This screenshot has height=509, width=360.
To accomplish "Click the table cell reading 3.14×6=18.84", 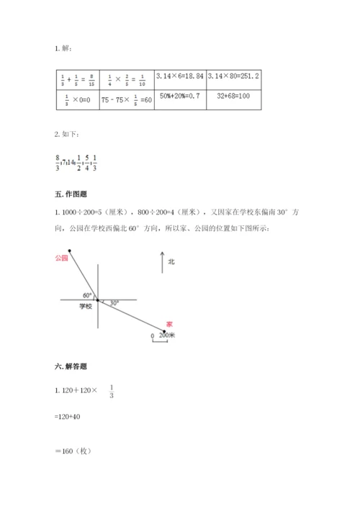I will point(181,75).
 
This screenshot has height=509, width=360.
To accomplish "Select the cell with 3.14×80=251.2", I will point(233,75).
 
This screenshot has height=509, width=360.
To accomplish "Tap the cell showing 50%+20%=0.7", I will point(180,96).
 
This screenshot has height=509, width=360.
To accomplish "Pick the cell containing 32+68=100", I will point(233,96).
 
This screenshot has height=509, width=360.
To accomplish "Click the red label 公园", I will point(60,257).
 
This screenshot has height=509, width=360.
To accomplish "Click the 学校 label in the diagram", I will point(86,307).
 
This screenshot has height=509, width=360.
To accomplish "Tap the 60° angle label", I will point(87,295).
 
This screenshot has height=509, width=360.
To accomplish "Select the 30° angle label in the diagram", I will point(114,303).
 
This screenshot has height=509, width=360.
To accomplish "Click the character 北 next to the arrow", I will point(171,262).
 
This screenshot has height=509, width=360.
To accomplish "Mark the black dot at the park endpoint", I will point(69,251).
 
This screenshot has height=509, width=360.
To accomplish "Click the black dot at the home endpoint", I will point(164,330).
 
